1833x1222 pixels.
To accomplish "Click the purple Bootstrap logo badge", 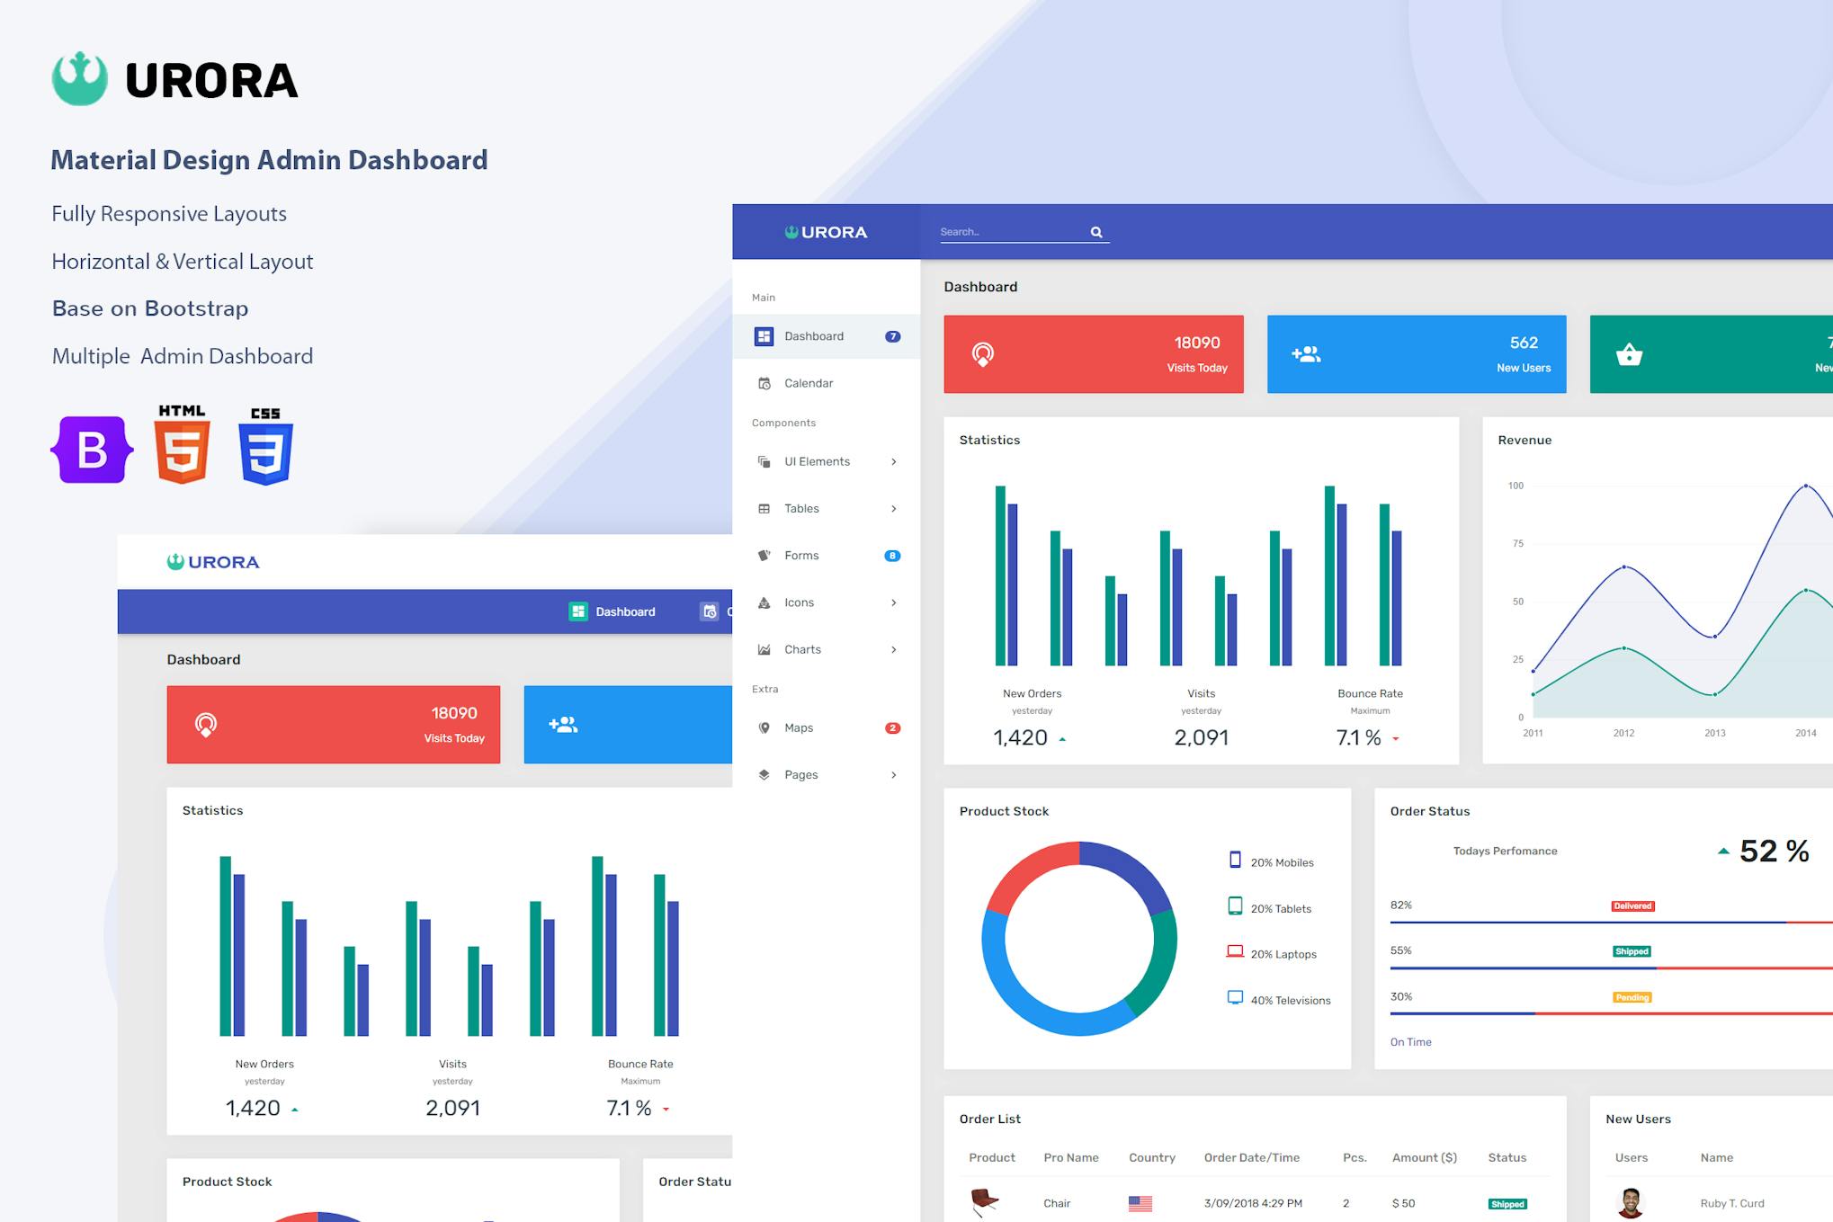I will pos(92,450).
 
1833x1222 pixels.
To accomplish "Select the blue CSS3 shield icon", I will pos(265,449).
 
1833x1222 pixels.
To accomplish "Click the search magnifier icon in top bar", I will pos(1096,232).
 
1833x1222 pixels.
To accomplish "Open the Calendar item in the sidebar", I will pos(809,383).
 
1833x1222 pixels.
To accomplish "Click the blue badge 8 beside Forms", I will pos(892,556).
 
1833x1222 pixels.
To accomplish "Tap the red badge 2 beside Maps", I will pos(892,728).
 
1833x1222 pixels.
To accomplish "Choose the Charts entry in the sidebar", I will pos(802,649).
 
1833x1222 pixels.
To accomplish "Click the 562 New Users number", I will pos(1524,343).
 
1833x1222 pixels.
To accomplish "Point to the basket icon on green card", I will pos(1629,354).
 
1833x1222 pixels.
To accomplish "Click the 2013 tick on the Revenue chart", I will pos(1715,733).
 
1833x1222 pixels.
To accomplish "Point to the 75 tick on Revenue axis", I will pos(1518,543).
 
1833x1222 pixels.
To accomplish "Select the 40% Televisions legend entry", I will pos(1290,1000).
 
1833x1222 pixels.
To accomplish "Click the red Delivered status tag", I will pos(1632,905).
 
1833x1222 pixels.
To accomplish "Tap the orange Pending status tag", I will pos(1632,997).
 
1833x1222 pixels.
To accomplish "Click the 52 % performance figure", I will pos(1774,851).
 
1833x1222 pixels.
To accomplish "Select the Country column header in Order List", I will pos(1152,1157).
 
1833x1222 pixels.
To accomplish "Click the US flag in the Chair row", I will pos(1140,1203).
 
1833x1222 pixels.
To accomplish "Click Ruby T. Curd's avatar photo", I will pos(1630,1202).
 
